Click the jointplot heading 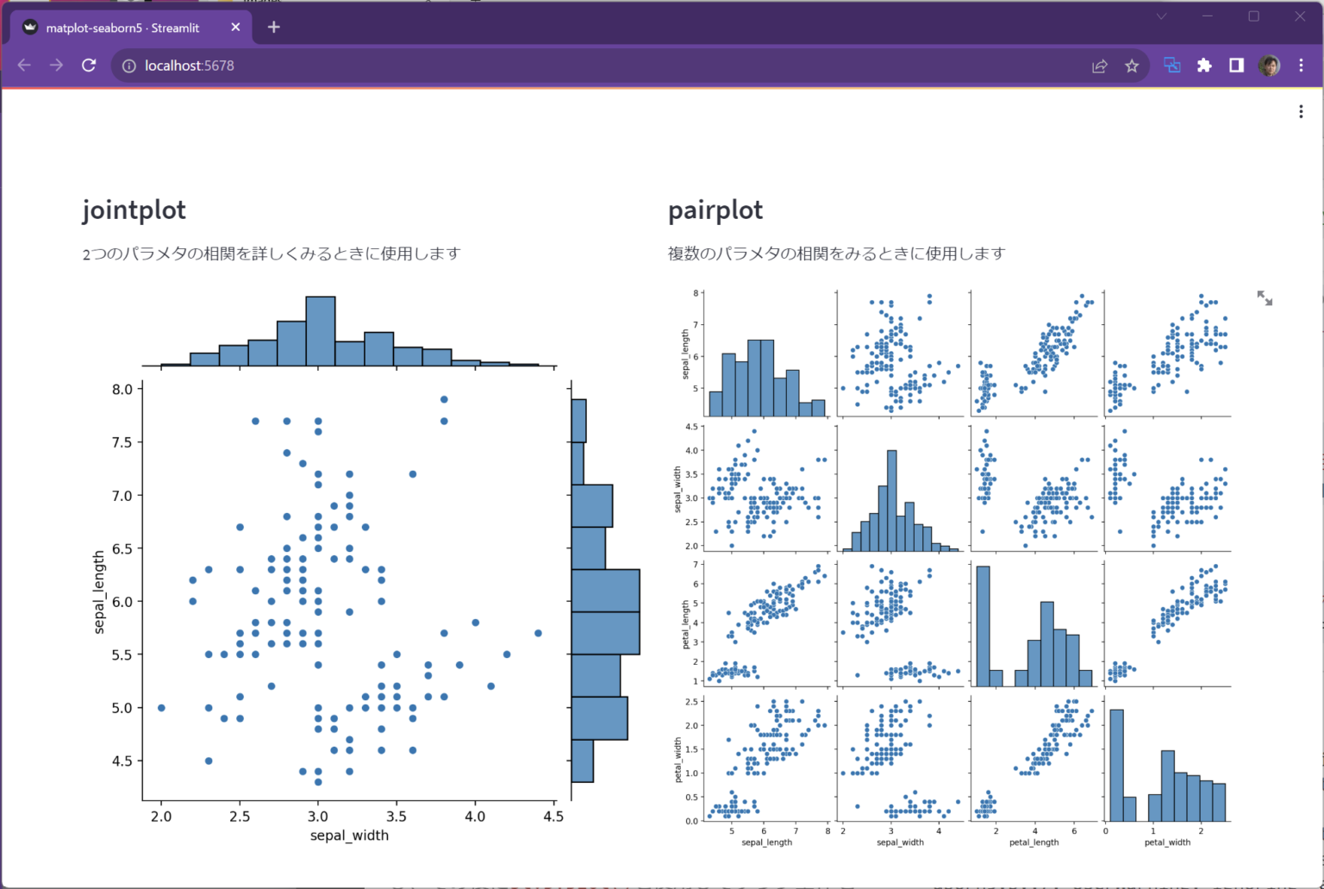pyautogui.click(x=134, y=210)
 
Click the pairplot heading pyautogui.click(x=715, y=210)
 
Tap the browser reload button pyautogui.click(x=89, y=66)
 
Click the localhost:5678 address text pyautogui.click(x=189, y=66)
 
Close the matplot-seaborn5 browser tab pyautogui.click(x=235, y=28)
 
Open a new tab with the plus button pyautogui.click(x=273, y=28)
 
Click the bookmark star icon pyautogui.click(x=1132, y=66)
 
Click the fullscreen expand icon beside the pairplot pyautogui.click(x=1265, y=298)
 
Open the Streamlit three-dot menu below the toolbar pyautogui.click(x=1301, y=111)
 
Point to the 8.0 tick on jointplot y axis pyautogui.click(x=122, y=389)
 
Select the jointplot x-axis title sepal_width pyautogui.click(x=349, y=836)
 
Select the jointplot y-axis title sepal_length pyautogui.click(x=98, y=592)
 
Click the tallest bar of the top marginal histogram pyautogui.click(x=321, y=332)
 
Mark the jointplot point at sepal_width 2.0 pyautogui.click(x=161, y=708)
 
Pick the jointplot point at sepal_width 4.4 pyautogui.click(x=538, y=633)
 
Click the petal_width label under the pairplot pyautogui.click(x=1167, y=842)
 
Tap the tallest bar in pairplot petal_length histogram pyautogui.click(x=983, y=625)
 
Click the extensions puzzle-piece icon pyautogui.click(x=1204, y=66)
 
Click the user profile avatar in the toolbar pyautogui.click(x=1268, y=66)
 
